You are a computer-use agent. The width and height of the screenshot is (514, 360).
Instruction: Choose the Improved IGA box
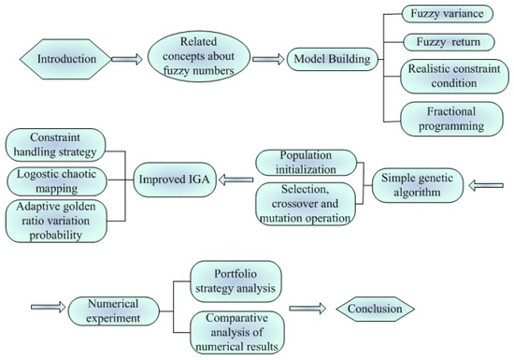click(173, 180)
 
